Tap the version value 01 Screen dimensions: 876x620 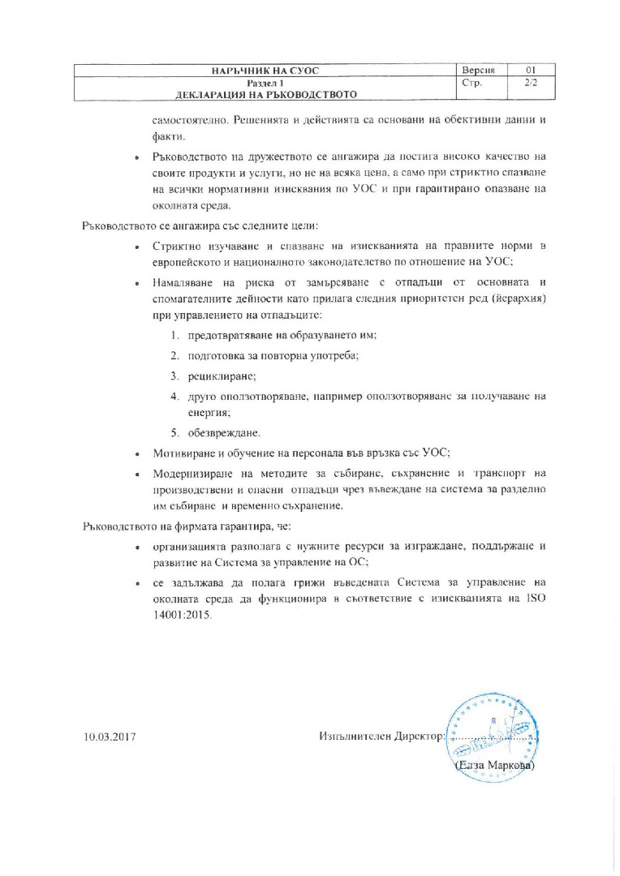click(x=532, y=71)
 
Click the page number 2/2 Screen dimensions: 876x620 click(x=532, y=83)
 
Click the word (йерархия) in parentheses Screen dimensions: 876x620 click(x=507, y=298)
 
